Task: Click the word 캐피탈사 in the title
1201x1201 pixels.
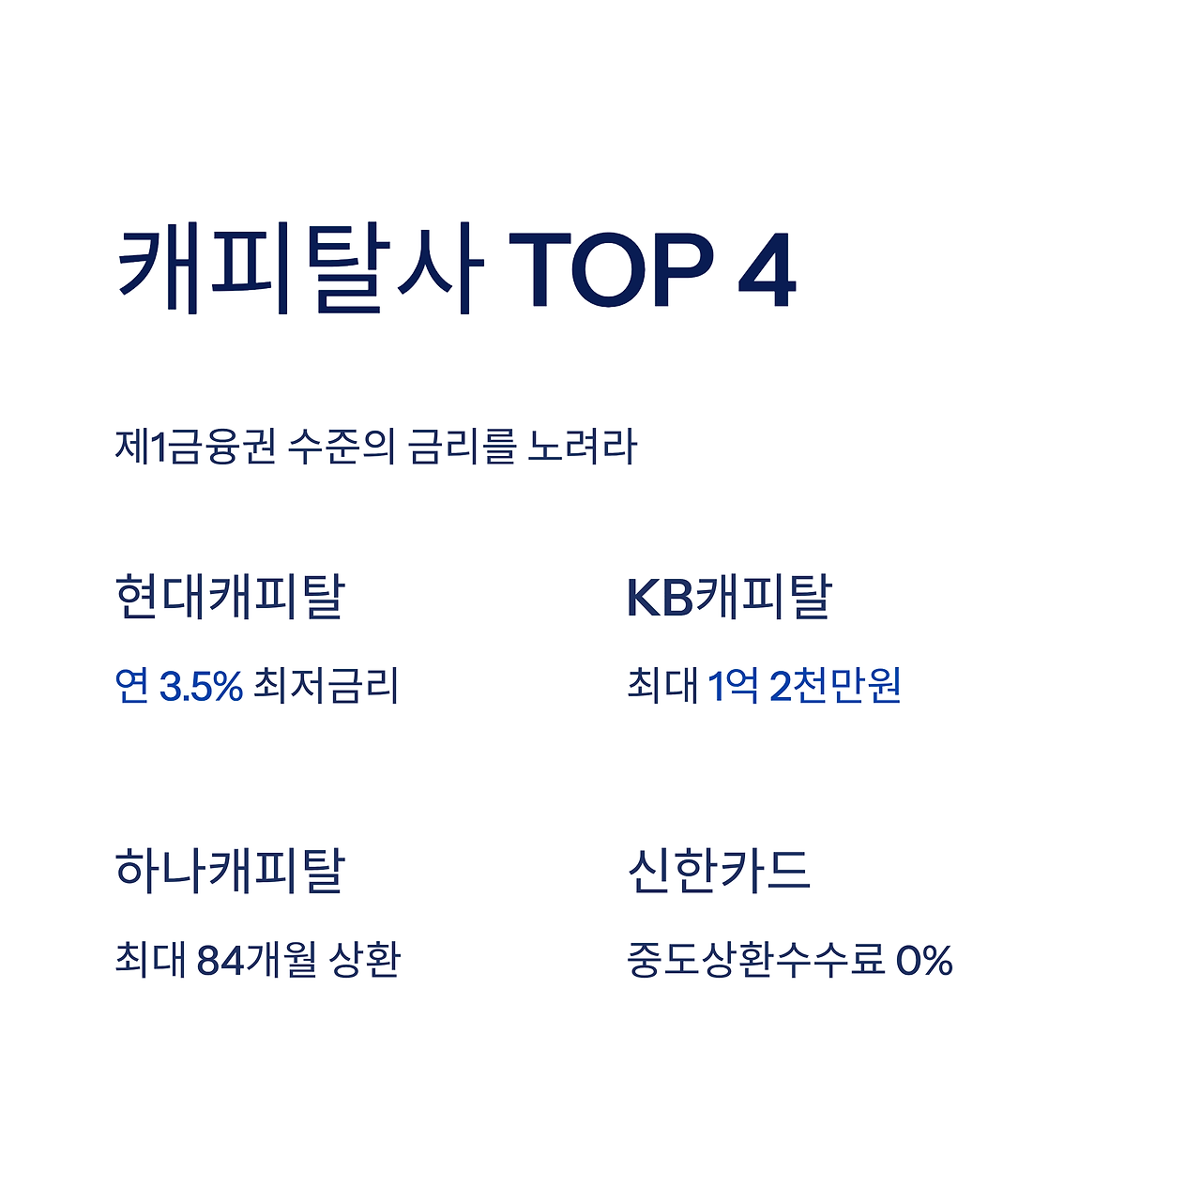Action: click(x=298, y=268)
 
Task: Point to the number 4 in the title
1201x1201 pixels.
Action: click(x=767, y=269)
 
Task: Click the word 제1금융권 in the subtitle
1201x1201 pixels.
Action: click(x=195, y=447)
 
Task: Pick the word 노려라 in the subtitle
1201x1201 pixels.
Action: click(x=582, y=447)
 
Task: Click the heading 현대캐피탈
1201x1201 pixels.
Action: click(x=230, y=597)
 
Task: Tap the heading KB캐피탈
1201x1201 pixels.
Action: click(x=729, y=597)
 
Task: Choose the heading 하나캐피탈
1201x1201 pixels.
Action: click(x=230, y=870)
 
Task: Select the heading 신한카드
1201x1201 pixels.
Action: click(x=718, y=870)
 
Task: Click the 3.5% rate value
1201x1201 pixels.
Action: click(x=201, y=686)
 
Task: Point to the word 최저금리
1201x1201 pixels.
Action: click(x=327, y=686)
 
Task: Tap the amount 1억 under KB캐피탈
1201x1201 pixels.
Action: click(x=733, y=686)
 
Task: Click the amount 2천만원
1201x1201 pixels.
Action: click(x=835, y=686)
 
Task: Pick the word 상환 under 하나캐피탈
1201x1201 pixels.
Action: click(x=365, y=960)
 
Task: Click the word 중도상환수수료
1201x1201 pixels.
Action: click(x=755, y=960)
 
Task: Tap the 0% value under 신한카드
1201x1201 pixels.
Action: click(x=924, y=960)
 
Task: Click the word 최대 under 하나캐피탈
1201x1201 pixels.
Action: click(x=150, y=960)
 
